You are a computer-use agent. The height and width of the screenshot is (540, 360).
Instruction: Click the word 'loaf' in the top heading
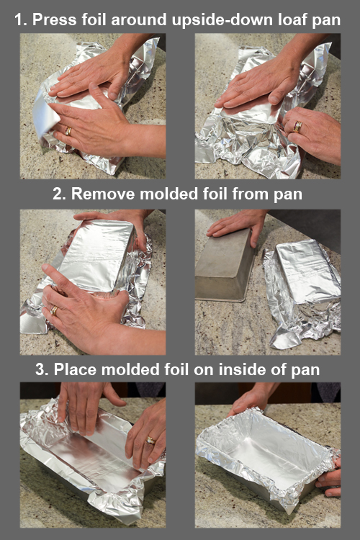tap(292, 19)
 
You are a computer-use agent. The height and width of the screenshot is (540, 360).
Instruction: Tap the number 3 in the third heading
tap(41, 369)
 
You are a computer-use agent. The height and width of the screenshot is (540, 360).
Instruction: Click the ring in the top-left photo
tap(68, 131)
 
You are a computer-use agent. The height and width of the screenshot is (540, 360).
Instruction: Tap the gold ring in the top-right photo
tap(297, 127)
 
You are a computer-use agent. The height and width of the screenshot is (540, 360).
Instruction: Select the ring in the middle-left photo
tap(54, 310)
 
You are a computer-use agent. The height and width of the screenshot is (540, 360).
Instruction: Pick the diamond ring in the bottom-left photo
tap(150, 440)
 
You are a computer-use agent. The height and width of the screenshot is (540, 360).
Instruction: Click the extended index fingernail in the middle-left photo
tap(45, 268)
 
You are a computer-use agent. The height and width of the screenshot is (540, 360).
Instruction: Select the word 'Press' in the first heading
tap(55, 19)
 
